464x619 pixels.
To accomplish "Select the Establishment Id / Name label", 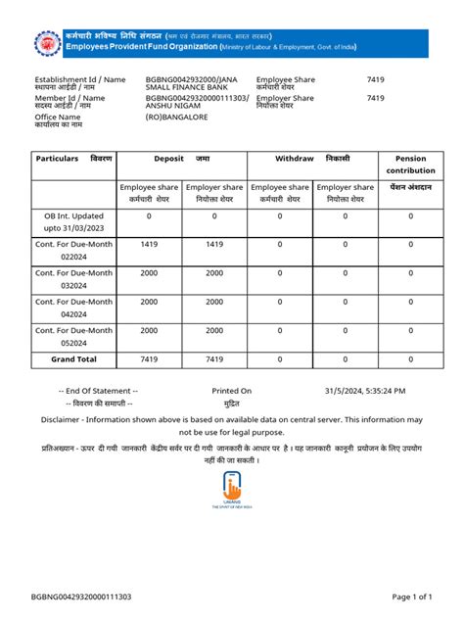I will coord(80,78).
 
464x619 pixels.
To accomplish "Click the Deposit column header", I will coord(181,158).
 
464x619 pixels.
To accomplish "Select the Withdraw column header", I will coord(312,158).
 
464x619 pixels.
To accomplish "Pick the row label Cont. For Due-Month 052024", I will coord(73,336).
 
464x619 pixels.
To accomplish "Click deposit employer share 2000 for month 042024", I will coord(214,302).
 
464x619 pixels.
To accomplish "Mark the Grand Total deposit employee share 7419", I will coord(149,359).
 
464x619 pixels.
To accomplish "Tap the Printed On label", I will coord(232,390).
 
